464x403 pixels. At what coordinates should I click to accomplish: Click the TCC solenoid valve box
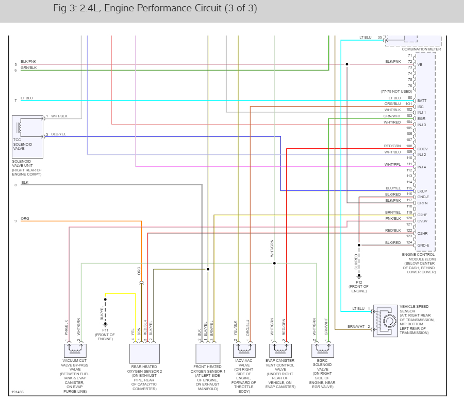click(x=27, y=136)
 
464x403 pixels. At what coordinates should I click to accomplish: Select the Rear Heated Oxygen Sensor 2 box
click(x=144, y=354)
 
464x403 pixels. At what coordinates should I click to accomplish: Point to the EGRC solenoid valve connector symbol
click(x=323, y=351)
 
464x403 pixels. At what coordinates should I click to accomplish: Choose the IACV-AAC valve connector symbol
click(x=245, y=351)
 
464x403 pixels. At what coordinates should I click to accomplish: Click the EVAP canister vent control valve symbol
click(x=280, y=351)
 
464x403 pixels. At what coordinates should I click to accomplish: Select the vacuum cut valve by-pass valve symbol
click(x=74, y=351)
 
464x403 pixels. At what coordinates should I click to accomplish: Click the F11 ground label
click(x=105, y=329)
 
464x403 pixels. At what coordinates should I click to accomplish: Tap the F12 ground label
click(x=359, y=282)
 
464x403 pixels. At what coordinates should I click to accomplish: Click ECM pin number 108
click(x=409, y=146)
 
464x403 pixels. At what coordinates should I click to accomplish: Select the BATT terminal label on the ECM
click(x=422, y=101)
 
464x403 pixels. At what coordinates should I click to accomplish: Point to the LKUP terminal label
click(x=422, y=191)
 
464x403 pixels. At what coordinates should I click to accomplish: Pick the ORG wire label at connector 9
click(x=25, y=219)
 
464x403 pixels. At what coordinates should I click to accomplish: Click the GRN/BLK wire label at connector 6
click(x=28, y=68)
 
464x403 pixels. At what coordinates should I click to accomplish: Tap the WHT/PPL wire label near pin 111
click(x=392, y=164)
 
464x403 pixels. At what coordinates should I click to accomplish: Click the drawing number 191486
click(x=17, y=391)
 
